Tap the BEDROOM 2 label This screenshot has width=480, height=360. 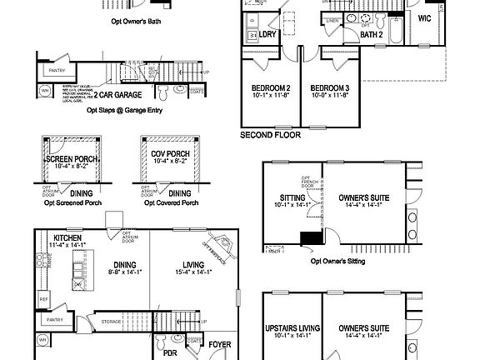tap(271, 88)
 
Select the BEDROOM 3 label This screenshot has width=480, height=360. tap(331, 88)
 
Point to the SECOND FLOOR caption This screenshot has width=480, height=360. tap(271, 134)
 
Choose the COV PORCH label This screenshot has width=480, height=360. tap(172, 155)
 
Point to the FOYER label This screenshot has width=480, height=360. tap(220, 343)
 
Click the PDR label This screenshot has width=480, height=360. tap(170, 352)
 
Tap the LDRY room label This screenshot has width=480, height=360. tap(267, 35)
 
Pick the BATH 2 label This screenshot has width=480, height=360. tap(372, 35)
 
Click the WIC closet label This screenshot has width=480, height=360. tap(424, 18)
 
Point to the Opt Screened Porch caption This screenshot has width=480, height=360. tap(72, 203)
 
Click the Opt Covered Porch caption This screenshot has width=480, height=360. tap(171, 203)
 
